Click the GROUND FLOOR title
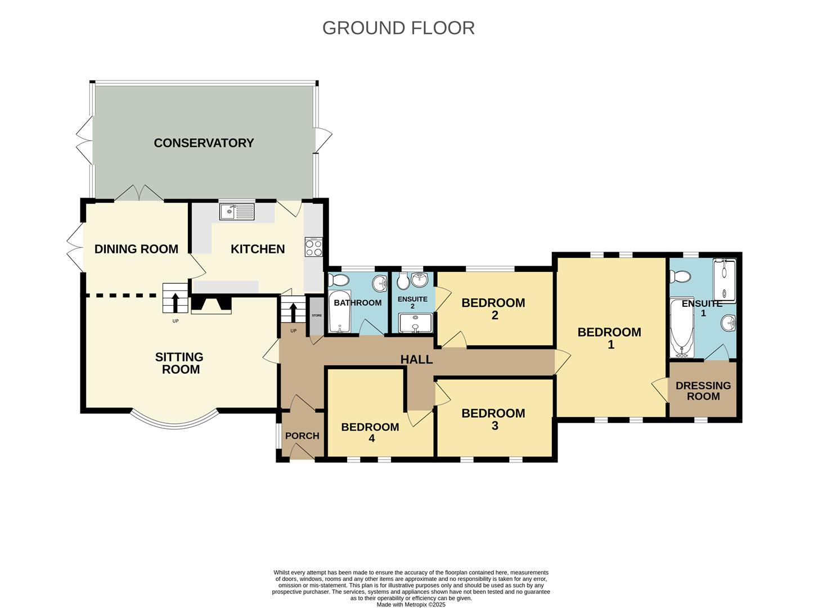pos(398,28)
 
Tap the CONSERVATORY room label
pos(204,143)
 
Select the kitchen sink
pos(237,212)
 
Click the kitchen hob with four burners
pos(313,247)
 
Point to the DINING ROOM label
pos(136,249)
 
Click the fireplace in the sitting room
pos(211,305)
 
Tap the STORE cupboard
pos(317,316)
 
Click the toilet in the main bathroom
pos(339,280)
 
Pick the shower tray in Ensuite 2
pos(415,324)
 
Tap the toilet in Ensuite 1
pos(680,276)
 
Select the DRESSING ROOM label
pos(703,391)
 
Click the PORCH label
pos(302,436)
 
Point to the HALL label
pos(416,359)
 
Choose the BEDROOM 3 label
pos(493,419)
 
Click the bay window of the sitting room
pos(174,420)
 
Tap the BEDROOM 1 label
pos(609,338)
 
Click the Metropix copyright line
pos(411,605)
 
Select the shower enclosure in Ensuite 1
pos(724,280)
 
